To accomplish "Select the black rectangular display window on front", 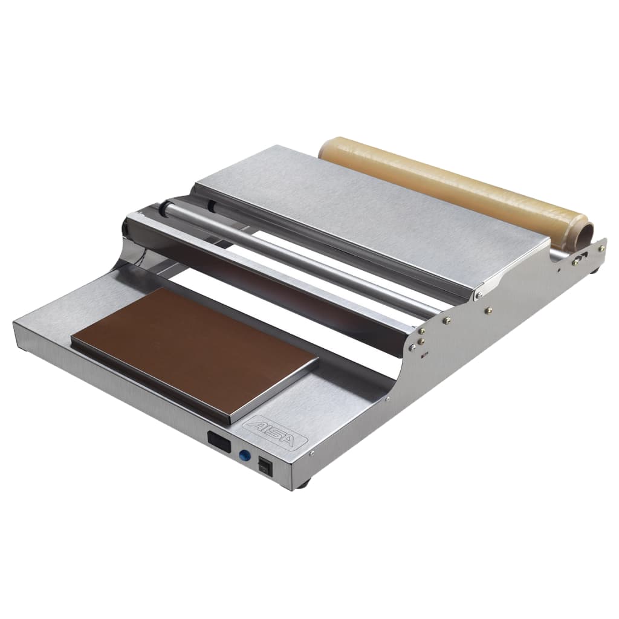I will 218,442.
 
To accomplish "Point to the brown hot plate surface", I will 193,351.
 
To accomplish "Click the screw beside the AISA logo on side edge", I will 312,452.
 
